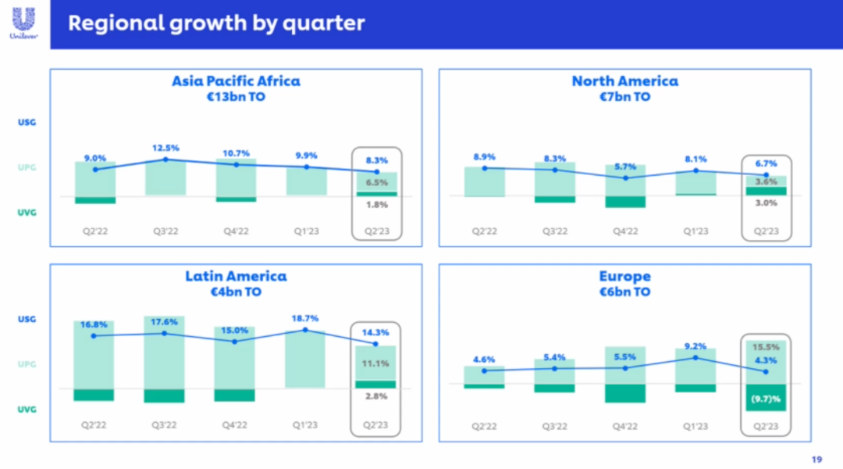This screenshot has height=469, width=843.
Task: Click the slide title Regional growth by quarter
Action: [216, 23]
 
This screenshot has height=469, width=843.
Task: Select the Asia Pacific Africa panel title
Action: [236, 81]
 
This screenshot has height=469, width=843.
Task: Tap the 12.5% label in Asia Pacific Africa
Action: [165, 148]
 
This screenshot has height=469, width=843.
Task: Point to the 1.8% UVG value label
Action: [376, 205]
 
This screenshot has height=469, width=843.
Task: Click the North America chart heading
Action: [624, 81]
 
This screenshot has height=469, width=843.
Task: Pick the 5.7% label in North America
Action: [625, 166]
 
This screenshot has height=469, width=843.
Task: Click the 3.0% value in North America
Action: [766, 202]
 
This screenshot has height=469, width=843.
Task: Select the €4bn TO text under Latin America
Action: [236, 292]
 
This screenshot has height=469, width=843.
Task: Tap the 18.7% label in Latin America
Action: [305, 319]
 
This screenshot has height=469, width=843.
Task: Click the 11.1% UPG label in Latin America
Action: [376, 363]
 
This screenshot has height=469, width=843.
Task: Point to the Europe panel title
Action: [624, 277]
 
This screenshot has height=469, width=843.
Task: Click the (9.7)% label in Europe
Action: [766, 399]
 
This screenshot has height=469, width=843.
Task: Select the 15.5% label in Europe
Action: [766, 346]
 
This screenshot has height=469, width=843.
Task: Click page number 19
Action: [817, 460]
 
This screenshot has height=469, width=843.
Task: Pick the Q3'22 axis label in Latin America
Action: [165, 426]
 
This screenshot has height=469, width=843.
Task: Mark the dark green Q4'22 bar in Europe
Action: [625, 393]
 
